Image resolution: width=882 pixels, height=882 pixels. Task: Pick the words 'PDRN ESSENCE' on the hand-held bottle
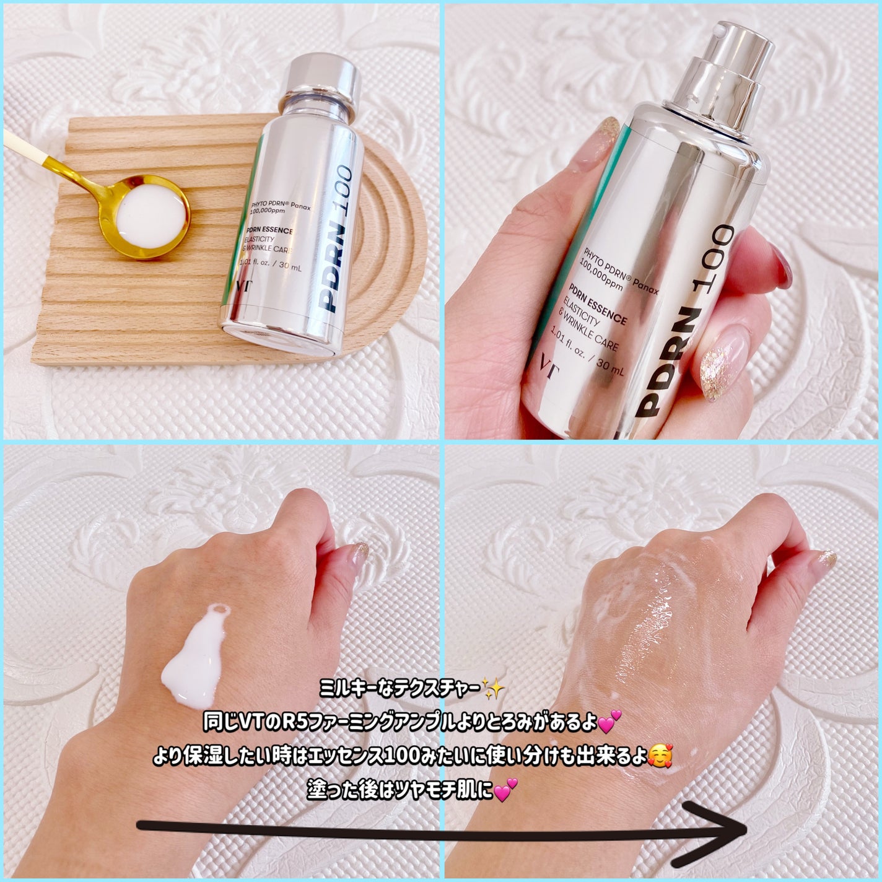[597, 304]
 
